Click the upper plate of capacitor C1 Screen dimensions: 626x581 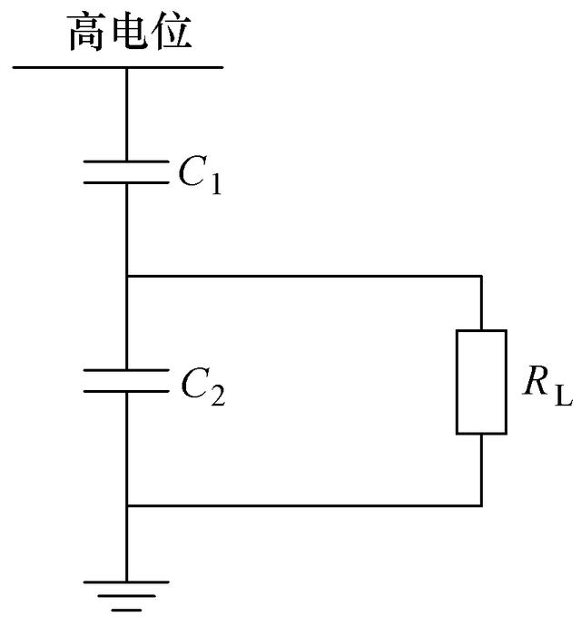click(126, 163)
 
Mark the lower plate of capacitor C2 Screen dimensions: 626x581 click(126, 391)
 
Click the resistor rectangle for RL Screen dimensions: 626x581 click(480, 381)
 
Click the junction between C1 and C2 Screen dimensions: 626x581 click(126, 275)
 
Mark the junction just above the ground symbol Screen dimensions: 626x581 click(126, 505)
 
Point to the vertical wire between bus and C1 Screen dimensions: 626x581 click(126, 113)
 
